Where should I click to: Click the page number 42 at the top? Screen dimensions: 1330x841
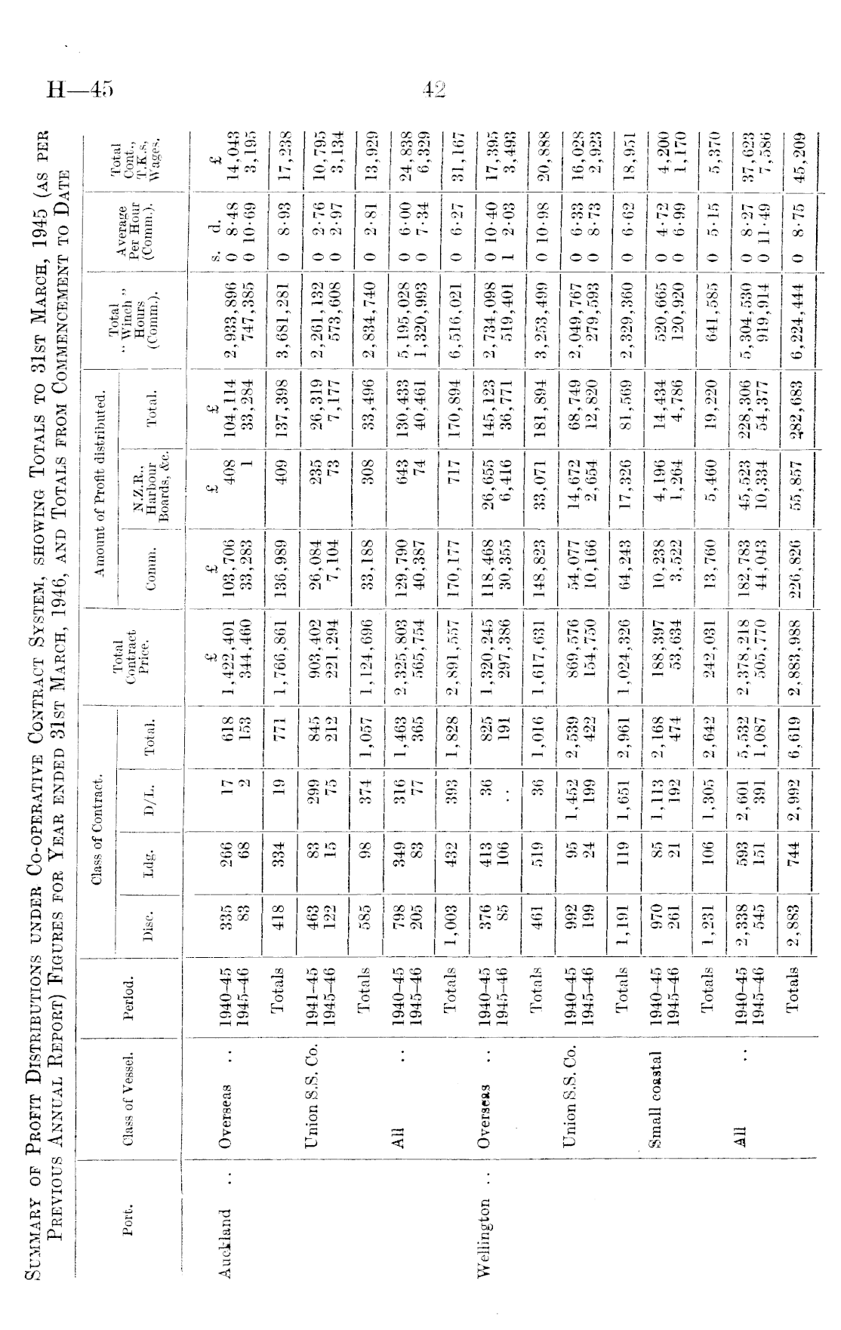click(435, 91)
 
